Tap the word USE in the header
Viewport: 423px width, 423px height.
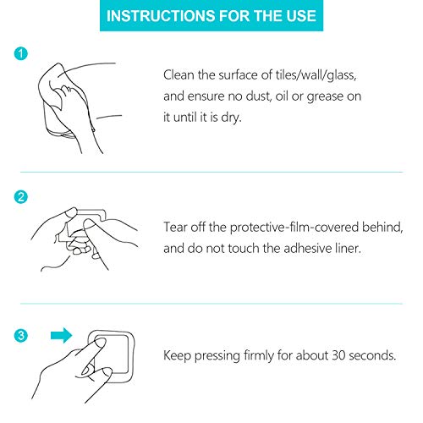301,16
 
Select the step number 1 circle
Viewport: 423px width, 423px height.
21,53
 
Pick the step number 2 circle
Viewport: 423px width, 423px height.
21,197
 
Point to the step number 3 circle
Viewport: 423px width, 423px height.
21,336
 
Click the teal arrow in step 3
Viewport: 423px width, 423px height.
61,336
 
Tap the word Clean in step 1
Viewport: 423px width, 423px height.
179,75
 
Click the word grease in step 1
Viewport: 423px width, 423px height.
325,97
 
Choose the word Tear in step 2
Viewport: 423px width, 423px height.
175,227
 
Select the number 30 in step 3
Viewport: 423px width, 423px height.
338,355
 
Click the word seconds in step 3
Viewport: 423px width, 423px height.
372,355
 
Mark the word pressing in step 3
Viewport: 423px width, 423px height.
217,356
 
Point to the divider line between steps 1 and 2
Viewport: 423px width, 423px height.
211,172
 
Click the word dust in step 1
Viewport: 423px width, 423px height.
258,96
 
